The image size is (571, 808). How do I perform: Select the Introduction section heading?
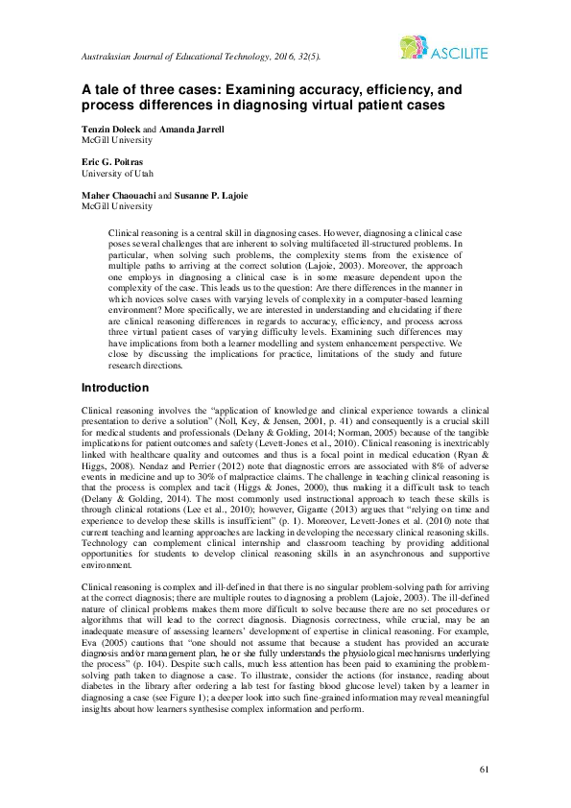tap(115, 388)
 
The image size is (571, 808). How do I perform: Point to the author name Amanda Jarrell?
tap(192, 128)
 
